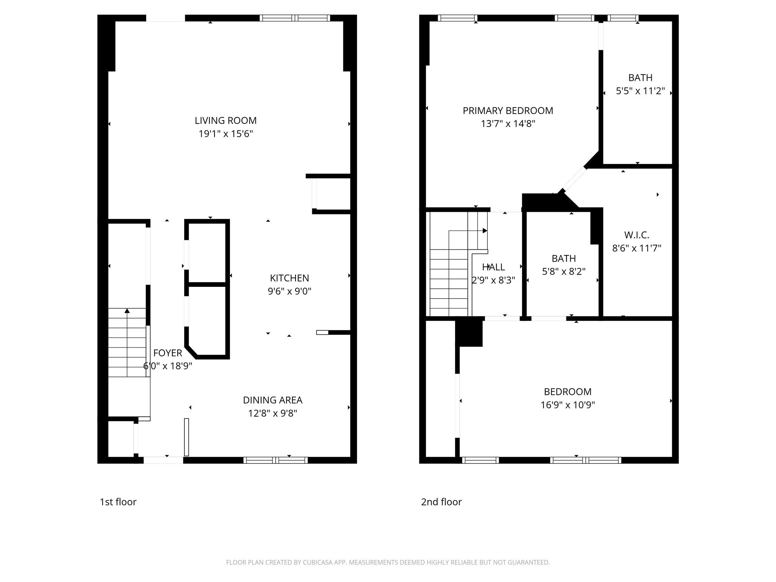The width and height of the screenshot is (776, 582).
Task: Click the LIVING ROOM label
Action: click(x=225, y=120)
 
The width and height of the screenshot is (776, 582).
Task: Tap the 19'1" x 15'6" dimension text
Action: click(x=225, y=134)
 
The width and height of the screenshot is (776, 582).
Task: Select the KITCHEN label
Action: click(x=289, y=278)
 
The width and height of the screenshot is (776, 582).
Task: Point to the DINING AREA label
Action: click(x=272, y=400)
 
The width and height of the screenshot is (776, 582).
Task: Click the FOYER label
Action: click(x=167, y=353)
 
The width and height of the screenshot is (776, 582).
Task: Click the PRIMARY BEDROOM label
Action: click(x=508, y=111)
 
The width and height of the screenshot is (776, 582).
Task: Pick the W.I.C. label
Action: click(x=637, y=235)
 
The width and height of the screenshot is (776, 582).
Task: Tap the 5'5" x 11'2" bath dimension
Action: click(x=640, y=91)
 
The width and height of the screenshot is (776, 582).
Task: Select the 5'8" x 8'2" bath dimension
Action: click(x=564, y=272)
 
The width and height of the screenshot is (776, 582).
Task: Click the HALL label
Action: click(x=493, y=267)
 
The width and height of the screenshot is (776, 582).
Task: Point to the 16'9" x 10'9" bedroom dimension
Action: click(x=568, y=405)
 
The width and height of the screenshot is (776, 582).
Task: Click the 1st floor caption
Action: click(x=118, y=502)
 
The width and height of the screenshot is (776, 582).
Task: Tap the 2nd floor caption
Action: click(x=441, y=502)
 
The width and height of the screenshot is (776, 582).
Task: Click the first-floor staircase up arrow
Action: click(x=127, y=311)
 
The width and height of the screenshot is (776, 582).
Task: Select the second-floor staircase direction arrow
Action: click(x=485, y=231)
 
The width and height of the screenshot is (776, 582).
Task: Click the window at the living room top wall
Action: click(x=295, y=18)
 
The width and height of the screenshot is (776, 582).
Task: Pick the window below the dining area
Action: click(x=275, y=460)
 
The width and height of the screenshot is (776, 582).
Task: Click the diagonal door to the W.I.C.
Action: click(x=574, y=180)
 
